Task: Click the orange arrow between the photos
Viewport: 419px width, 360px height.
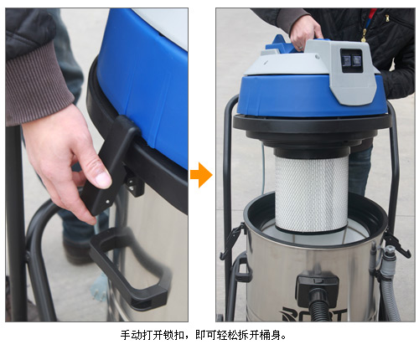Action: coord(201,175)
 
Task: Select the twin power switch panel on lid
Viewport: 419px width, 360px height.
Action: coord(351,59)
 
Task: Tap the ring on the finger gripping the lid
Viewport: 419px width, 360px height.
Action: coord(300,48)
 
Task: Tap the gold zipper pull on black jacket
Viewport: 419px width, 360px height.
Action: coord(364,35)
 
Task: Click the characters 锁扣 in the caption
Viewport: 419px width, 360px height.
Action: coord(173,335)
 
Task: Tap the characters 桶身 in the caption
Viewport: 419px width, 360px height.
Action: coord(269,335)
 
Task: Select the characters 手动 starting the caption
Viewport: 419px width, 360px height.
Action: coord(131,335)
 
